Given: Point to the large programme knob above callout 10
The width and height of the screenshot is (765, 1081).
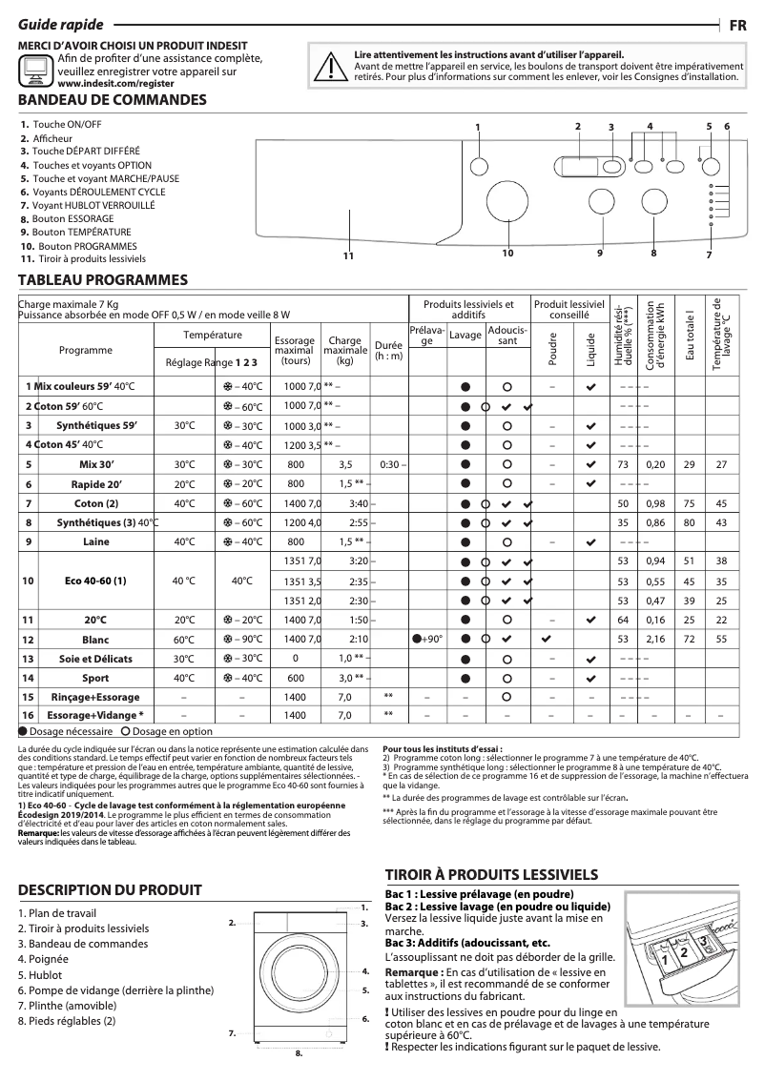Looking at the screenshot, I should point(504,202).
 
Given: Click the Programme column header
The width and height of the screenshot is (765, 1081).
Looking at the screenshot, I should point(86,350).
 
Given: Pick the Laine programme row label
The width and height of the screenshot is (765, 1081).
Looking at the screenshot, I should point(96,541).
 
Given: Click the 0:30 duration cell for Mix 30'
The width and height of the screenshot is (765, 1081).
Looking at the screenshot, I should point(388,464).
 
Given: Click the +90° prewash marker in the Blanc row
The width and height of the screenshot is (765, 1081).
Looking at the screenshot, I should point(427,639).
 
